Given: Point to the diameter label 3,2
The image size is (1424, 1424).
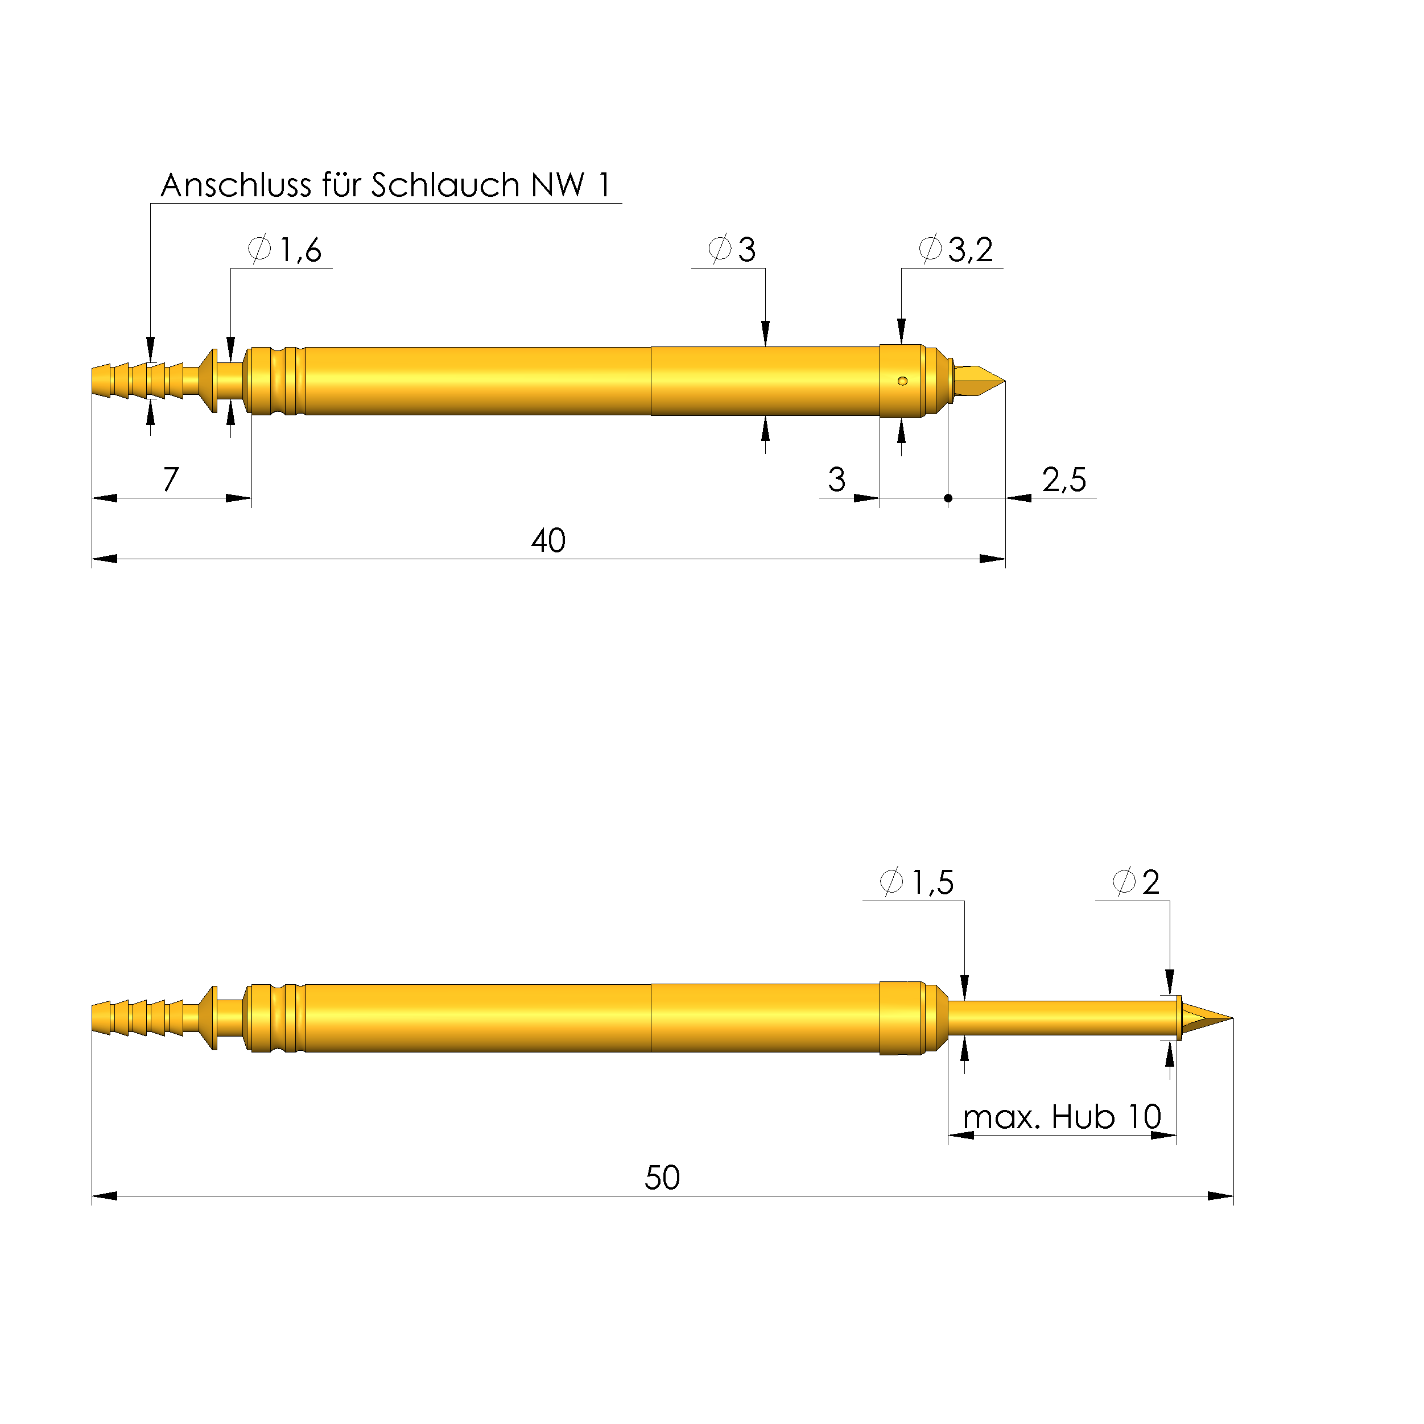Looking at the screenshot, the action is (970, 250).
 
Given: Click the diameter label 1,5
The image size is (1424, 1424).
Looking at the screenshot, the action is (932, 882).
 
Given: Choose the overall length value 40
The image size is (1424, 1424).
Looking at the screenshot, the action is (548, 541).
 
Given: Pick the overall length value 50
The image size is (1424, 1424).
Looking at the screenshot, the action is (662, 1178).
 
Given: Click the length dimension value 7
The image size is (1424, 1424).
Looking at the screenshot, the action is (171, 479).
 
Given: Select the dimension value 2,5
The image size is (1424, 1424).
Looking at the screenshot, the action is (1063, 480).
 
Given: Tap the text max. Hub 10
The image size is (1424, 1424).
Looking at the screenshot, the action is (1062, 1117).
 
